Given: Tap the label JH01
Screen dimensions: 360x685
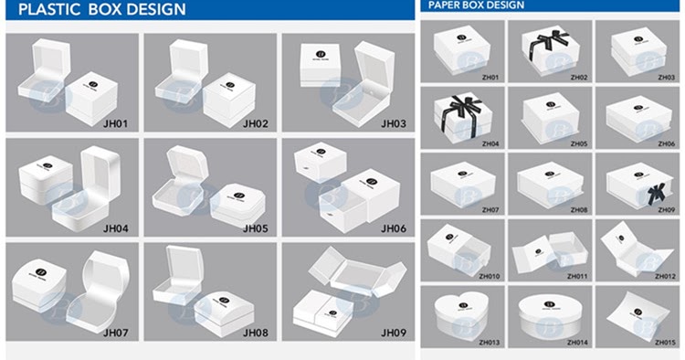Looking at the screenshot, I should click(x=118, y=123).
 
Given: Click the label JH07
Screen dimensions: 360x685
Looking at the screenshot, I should click(x=118, y=332).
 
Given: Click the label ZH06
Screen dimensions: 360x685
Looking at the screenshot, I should click(x=665, y=143).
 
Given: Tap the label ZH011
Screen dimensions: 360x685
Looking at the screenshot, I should click(x=577, y=276).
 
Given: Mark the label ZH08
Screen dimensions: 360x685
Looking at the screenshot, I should click(x=577, y=209).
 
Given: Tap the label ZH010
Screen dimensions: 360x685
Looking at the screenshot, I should click(x=490, y=276).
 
